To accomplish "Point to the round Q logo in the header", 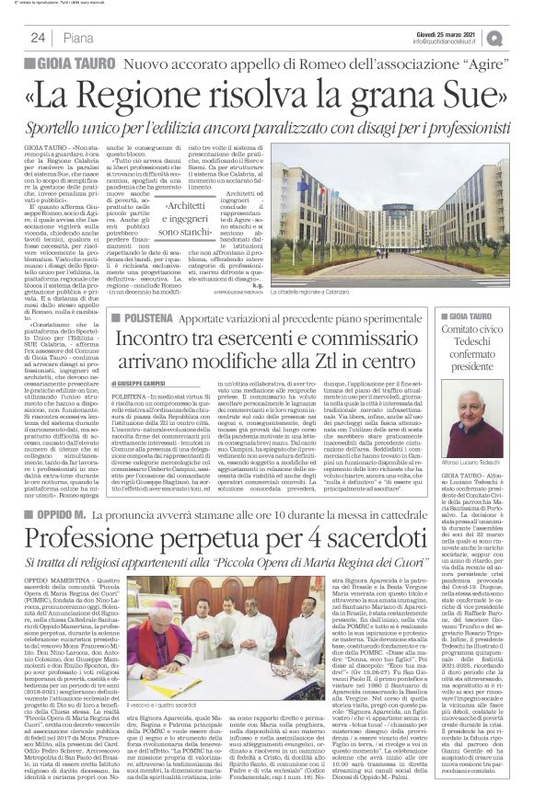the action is pyautogui.click(x=520, y=37).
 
